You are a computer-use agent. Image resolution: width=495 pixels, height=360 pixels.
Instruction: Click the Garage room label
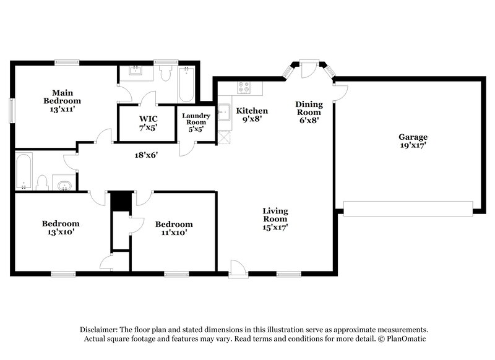(413, 142)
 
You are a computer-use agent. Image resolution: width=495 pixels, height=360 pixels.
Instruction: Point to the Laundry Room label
(196, 122)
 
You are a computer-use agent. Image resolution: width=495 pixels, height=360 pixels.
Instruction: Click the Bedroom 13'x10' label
(61, 228)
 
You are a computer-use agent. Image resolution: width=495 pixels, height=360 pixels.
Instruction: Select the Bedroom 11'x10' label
(173, 228)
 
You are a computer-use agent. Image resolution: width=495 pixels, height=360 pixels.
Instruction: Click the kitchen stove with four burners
(244, 88)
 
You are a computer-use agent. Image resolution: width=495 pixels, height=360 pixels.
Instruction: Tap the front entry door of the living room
(237, 268)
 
